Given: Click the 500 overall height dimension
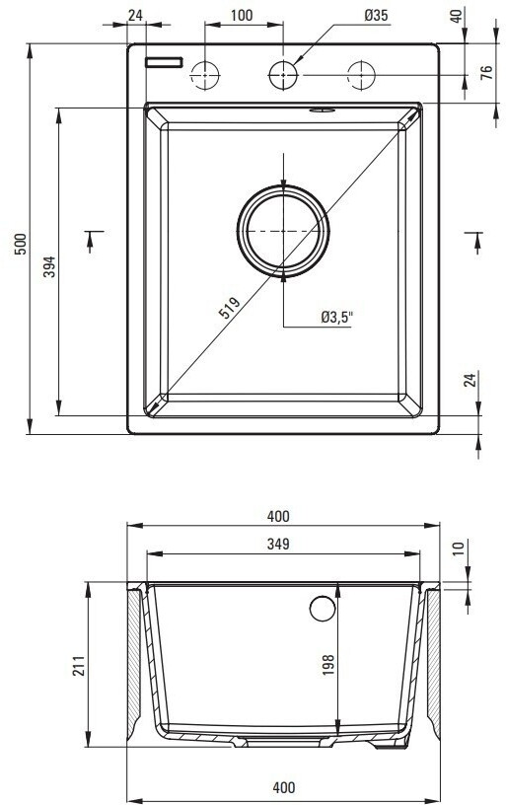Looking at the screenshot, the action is (x=21, y=245).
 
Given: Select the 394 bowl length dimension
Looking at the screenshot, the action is (x=49, y=266).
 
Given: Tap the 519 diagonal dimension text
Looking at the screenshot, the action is (x=230, y=308).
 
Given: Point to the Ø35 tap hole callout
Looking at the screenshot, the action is (x=376, y=16).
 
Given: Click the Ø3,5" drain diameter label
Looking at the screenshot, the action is (x=337, y=318).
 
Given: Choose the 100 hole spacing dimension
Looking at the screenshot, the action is (x=242, y=16).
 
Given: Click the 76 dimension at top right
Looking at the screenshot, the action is (x=486, y=71).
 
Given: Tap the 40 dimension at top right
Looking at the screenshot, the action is (x=457, y=16).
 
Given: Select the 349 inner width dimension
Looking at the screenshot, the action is (x=278, y=544).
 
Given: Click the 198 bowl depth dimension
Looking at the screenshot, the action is (x=327, y=664).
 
